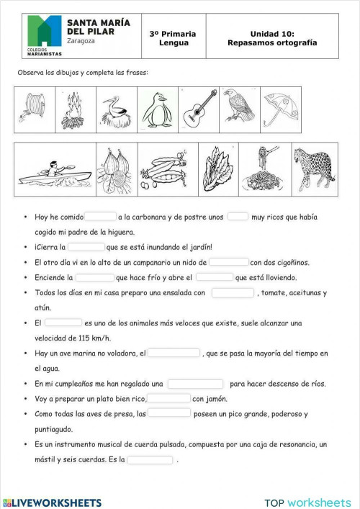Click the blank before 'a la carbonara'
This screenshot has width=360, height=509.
[x=101, y=216]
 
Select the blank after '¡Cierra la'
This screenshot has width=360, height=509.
[x=87, y=246]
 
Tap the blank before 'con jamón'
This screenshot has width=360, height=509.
[x=169, y=398]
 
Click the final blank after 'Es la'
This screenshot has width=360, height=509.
[x=150, y=459]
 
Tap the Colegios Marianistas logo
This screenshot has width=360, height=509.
[x=45, y=35]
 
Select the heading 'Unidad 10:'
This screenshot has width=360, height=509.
[x=272, y=33]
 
